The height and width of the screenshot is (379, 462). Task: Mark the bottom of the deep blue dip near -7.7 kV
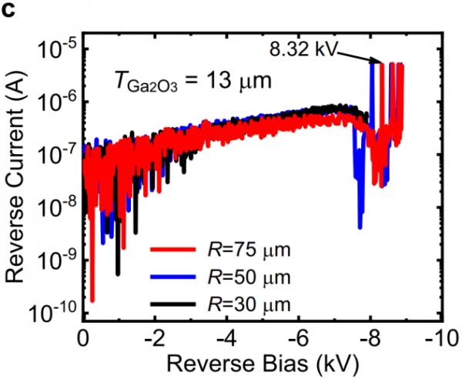(360, 226)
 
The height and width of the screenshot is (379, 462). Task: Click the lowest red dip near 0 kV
(92, 300)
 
